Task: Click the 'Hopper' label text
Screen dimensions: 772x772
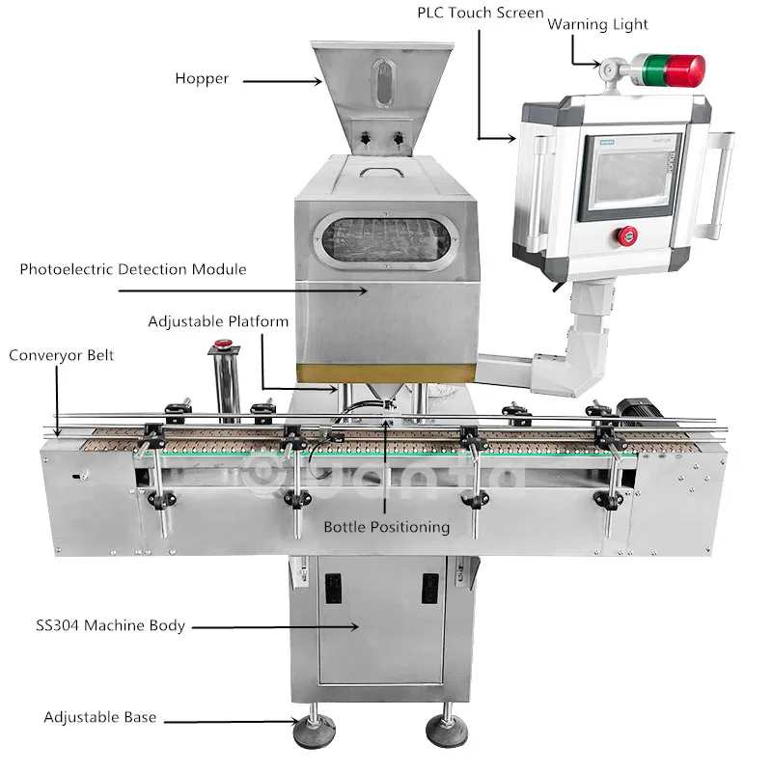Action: pos(202,78)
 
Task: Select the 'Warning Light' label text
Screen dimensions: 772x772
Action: pos(597,23)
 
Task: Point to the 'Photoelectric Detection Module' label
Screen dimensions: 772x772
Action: pos(133,269)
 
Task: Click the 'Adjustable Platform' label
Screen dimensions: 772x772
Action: pos(218,320)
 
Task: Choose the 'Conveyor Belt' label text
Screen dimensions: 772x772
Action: pos(62,355)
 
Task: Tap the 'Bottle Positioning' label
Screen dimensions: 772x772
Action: pos(386,527)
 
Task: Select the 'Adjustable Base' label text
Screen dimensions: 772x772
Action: pos(100,717)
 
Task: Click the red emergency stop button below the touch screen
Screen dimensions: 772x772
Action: pos(627,234)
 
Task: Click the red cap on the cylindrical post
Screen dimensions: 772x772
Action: pos(224,343)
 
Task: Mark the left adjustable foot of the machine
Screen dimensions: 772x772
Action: pos(314,724)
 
